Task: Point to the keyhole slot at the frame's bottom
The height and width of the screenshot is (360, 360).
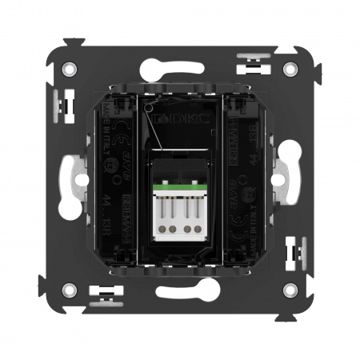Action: click(180, 293)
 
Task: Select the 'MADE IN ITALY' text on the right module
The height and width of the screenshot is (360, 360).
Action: click(250, 244)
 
